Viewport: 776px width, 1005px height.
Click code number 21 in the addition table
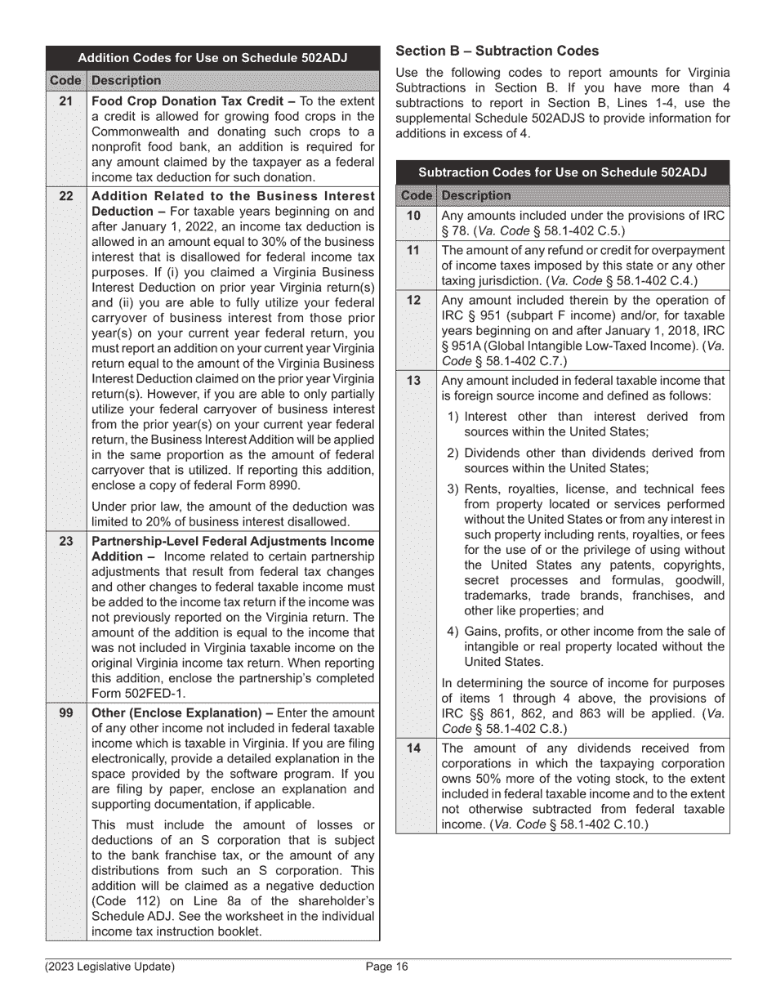click(x=66, y=101)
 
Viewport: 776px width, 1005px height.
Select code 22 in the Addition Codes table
click(x=66, y=196)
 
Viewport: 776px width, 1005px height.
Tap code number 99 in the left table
click(x=66, y=712)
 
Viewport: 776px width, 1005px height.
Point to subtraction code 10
click(x=414, y=215)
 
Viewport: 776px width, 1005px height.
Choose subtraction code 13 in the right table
click(x=414, y=380)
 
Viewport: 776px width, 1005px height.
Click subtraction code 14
click(x=414, y=748)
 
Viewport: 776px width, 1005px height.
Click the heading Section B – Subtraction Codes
click(x=497, y=51)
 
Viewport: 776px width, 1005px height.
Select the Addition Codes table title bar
click(x=212, y=58)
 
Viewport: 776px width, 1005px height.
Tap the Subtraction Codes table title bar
click(x=562, y=172)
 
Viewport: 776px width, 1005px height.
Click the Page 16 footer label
click(x=386, y=967)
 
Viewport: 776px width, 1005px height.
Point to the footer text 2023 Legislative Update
click(x=109, y=967)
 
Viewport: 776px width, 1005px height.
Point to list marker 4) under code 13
click(x=453, y=631)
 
